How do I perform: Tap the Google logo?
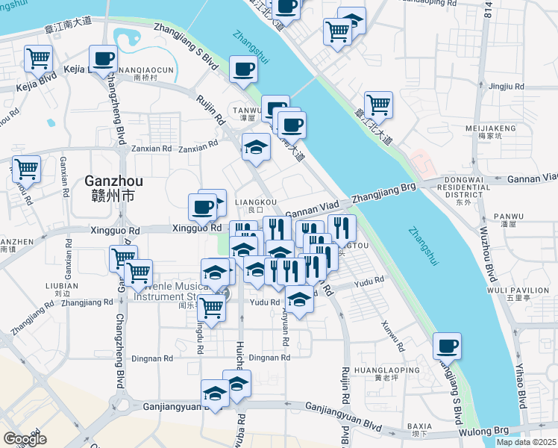(x=25, y=438)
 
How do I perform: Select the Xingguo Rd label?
(x=197, y=228)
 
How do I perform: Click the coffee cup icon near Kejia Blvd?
(x=103, y=59)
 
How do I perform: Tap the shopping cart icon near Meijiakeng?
(x=378, y=105)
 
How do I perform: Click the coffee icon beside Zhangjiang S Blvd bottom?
(x=447, y=346)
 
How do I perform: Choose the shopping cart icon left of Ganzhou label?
(x=26, y=169)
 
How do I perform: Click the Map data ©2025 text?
(x=526, y=442)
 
